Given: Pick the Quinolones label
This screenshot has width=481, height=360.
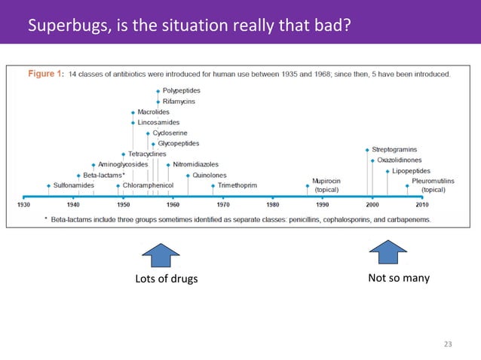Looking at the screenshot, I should [x=210, y=175].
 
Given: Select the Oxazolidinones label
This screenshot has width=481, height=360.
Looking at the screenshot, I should [x=400, y=160].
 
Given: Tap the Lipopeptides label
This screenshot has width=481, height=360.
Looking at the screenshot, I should [x=412, y=171].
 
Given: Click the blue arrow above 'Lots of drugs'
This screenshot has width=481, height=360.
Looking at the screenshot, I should [x=161, y=255].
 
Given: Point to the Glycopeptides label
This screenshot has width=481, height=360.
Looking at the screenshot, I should [x=178, y=143].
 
